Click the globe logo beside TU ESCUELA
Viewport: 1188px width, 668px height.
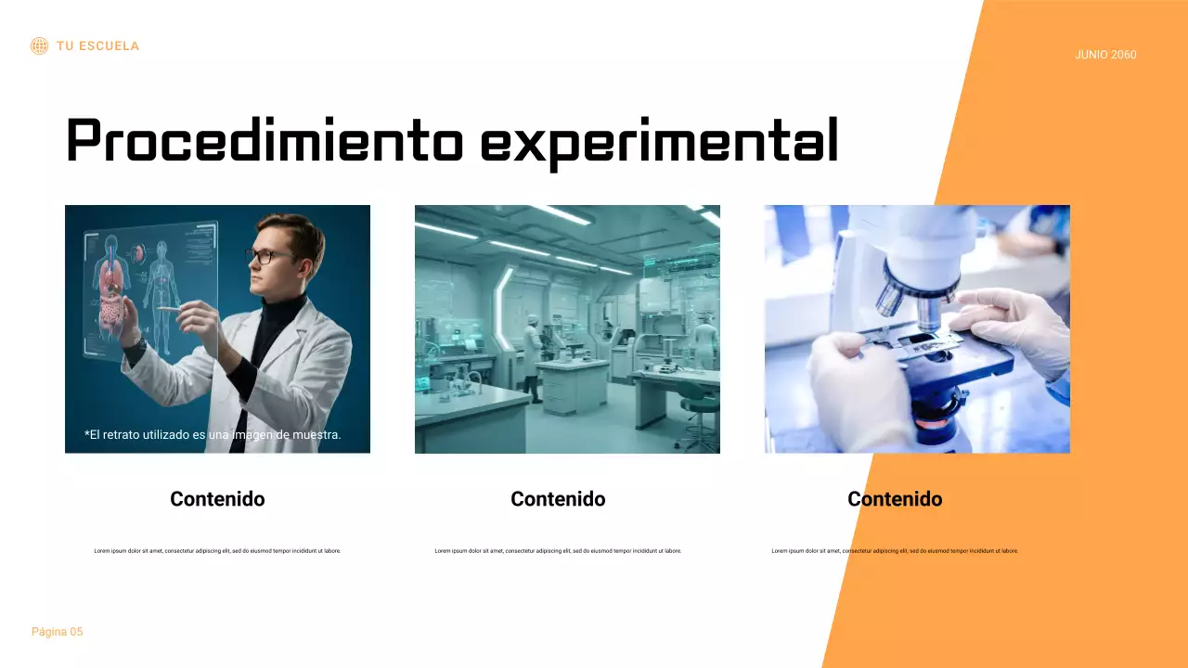pyautogui.click(x=39, y=45)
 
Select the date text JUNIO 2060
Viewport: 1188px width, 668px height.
pyautogui.click(x=1105, y=55)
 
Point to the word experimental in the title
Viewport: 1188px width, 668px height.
pyautogui.click(x=659, y=141)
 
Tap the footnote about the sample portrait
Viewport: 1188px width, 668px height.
pyautogui.click(x=213, y=434)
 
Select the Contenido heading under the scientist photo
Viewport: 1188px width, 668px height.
pyautogui.click(x=217, y=499)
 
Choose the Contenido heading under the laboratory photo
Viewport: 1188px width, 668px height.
pyautogui.click(x=558, y=499)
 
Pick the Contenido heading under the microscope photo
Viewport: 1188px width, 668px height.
pyautogui.click(x=895, y=499)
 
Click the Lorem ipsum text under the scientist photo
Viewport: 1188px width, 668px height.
pyautogui.click(x=217, y=551)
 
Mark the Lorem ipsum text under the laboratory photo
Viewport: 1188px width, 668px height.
pyautogui.click(x=558, y=551)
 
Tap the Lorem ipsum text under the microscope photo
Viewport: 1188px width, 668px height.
pyautogui.click(x=895, y=551)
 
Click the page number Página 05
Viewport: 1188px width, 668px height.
pyautogui.click(x=57, y=632)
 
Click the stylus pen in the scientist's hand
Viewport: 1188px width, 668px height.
pyautogui.click(x=168, y=308)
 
